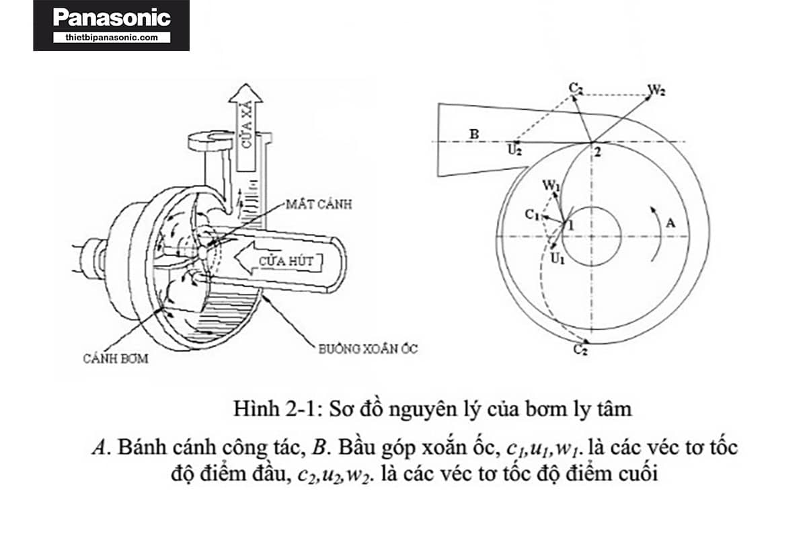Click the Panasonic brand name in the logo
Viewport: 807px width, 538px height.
tap(112, 18)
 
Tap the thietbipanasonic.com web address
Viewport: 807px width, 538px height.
tap(112, 38)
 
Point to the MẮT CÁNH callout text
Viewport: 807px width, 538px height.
tap(319, 204)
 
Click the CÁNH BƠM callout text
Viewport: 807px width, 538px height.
tap(116, 358)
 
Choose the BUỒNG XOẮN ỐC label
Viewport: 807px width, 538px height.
tap(368, 349)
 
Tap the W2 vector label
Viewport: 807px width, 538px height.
tap(656, 89)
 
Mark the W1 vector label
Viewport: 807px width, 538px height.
tap(551, 186)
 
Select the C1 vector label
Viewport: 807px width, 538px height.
tap(532, 215)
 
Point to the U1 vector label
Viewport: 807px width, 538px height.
tap(558, 259)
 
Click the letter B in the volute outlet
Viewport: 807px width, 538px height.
tap(474, 134)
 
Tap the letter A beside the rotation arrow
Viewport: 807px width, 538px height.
tap(670, 223)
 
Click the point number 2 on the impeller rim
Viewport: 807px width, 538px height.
tap(598, 152)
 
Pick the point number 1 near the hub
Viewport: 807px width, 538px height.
tap(570, 226)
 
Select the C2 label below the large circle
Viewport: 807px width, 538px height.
tap(581, 349)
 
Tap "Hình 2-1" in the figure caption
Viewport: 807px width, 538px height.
tap(274, 409)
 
